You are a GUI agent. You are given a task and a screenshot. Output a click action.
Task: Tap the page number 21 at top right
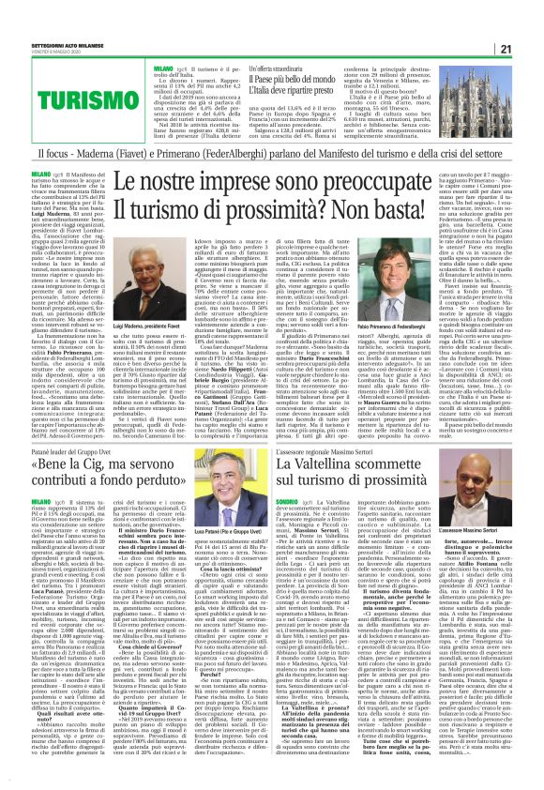530,22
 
